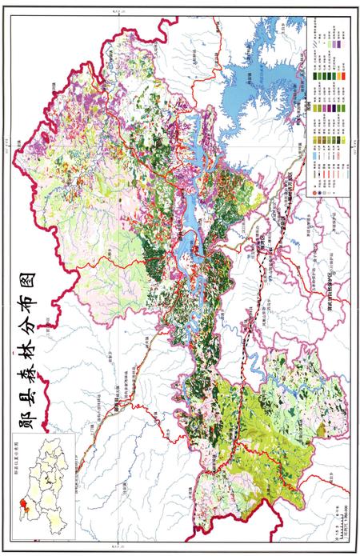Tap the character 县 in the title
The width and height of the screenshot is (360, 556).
(35, 390)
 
